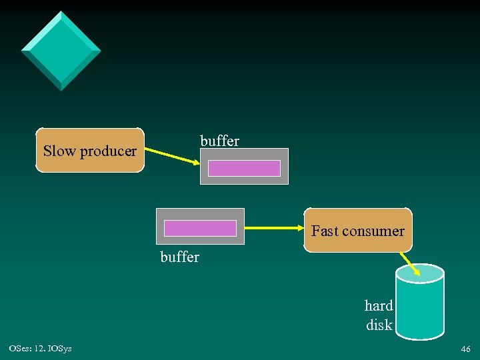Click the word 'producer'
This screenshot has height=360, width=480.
108,152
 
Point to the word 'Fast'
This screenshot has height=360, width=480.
325,231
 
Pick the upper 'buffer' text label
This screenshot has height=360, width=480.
219,141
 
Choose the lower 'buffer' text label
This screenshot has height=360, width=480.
180,257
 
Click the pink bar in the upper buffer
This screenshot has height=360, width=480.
244,168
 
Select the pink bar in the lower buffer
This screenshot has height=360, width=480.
200,228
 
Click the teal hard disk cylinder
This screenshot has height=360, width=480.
420,307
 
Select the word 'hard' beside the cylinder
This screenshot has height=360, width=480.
379,306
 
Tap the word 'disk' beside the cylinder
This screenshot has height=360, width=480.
379,326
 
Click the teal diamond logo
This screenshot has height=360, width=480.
61,51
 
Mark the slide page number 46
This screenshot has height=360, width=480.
465,349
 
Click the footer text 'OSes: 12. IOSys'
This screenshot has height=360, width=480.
41,349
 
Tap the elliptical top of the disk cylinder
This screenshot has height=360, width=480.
420,272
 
